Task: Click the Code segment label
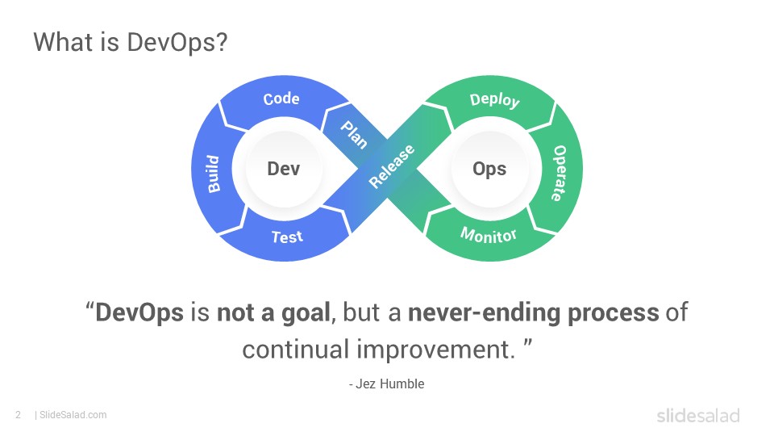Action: pos(281,99)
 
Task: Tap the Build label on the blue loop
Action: pos(213,174)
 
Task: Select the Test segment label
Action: pos(287,237)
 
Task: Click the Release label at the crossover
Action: pos(392,166)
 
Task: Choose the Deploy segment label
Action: pos(494,100)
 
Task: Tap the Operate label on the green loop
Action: pos(559,173)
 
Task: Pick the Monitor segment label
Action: pos(489,235)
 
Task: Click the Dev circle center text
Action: pos(283,169)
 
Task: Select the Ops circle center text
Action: pos(489,169)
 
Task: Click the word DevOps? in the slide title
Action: pos(177,42)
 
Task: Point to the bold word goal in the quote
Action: pos(305,312)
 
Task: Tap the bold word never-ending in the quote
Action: pos(484,312)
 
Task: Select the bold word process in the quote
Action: pos(613,313)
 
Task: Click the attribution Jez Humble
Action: pos(390,384)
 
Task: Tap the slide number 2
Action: pos(19,415)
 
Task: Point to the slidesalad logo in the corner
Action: pos(698,416)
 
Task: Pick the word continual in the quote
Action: pos(296,350)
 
